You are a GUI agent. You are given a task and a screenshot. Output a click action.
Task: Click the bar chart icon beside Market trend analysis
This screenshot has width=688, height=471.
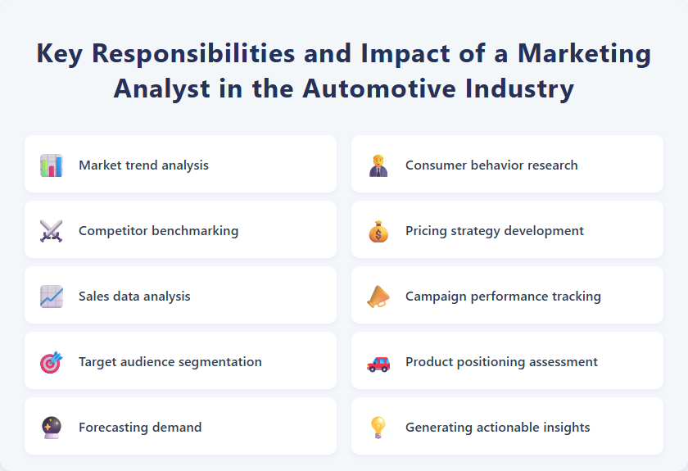[x=51, y=165]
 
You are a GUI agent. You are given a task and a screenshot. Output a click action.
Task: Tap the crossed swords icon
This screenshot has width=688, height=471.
[x=51, y=231]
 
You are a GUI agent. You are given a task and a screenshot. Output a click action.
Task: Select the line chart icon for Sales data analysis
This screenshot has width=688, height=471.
[x=51, y=297]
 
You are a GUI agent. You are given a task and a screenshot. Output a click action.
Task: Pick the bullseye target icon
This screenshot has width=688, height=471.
[x=51, y=362]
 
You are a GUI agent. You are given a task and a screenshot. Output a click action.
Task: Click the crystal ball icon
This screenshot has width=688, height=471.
[x=51, y=428]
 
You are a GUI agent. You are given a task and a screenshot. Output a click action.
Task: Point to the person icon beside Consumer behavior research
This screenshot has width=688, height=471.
[x=378, y=165]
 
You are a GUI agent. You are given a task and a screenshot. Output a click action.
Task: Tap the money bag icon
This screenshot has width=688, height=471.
[x=378, y=231]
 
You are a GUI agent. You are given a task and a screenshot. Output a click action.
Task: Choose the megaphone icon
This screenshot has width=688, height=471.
[x=378, y=297]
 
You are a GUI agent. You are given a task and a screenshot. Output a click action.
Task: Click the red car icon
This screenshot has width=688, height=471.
[x=378, y=362]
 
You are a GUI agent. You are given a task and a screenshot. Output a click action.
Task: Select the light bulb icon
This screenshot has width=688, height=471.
[x=378, y=428]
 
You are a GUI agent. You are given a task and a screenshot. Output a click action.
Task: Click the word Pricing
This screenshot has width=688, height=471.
[x=425, y=231]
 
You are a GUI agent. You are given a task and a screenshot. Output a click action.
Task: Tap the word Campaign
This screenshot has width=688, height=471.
[x=436, y=297]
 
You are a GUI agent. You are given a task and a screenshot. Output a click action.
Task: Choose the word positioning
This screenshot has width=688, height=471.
[x=499, y=362]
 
